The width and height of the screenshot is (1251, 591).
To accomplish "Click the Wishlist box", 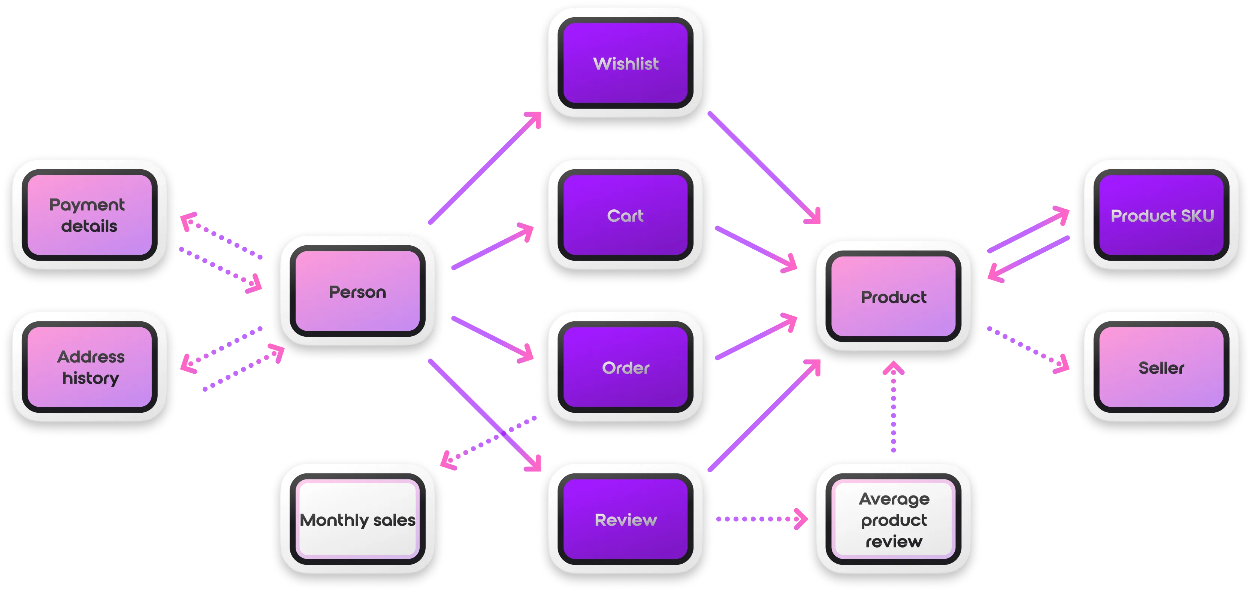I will click(x=626, y=63).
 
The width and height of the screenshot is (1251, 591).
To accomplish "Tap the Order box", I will click(x=626, y=368).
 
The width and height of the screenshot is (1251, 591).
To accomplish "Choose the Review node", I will click(x=626, y=519).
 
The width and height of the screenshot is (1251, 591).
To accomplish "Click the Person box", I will click(x=357, y=291).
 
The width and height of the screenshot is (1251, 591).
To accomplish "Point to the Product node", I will click(x=894, y=297).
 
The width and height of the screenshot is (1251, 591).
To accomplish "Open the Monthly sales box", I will click(x=357, y=519).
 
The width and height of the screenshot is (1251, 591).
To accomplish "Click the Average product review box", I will click(x=894, y=519).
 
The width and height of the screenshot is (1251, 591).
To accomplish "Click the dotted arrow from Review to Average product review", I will click(x=760, y=519).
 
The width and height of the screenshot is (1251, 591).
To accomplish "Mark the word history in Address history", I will click(x=90, y=378).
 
